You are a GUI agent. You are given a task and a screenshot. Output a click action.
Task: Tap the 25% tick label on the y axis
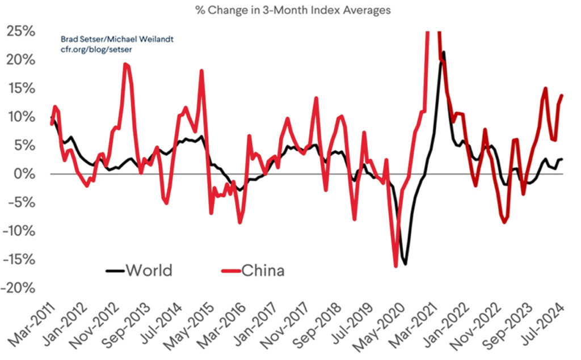22,31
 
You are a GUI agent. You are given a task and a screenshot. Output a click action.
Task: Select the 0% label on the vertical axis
25,174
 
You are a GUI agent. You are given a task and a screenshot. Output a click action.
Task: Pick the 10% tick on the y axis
22,117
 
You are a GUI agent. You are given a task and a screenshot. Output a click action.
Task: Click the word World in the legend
149,270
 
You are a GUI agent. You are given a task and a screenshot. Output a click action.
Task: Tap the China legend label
263,270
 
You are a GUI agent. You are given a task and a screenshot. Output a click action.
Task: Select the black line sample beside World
114,270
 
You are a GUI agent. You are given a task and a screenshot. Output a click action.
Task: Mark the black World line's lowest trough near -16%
405,264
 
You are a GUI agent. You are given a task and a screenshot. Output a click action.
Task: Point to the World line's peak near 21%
443,52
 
